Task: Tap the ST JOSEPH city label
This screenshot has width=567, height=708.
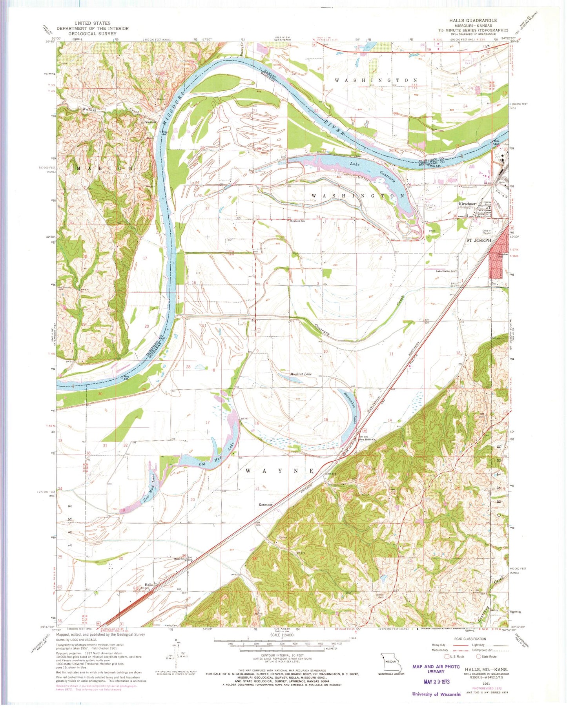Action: (x=478, y=240)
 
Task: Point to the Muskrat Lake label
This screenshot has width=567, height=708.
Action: (x=301, y=374)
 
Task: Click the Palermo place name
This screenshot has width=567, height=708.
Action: (x=149, y=122)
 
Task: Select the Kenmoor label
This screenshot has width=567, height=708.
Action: (x=265, y=505)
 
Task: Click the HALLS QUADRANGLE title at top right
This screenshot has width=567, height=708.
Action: (x=473, y=20)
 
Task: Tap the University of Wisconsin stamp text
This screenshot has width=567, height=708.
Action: (x=436, y=694)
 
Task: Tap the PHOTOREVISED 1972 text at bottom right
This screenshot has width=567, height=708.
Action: (x=487, y=688)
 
